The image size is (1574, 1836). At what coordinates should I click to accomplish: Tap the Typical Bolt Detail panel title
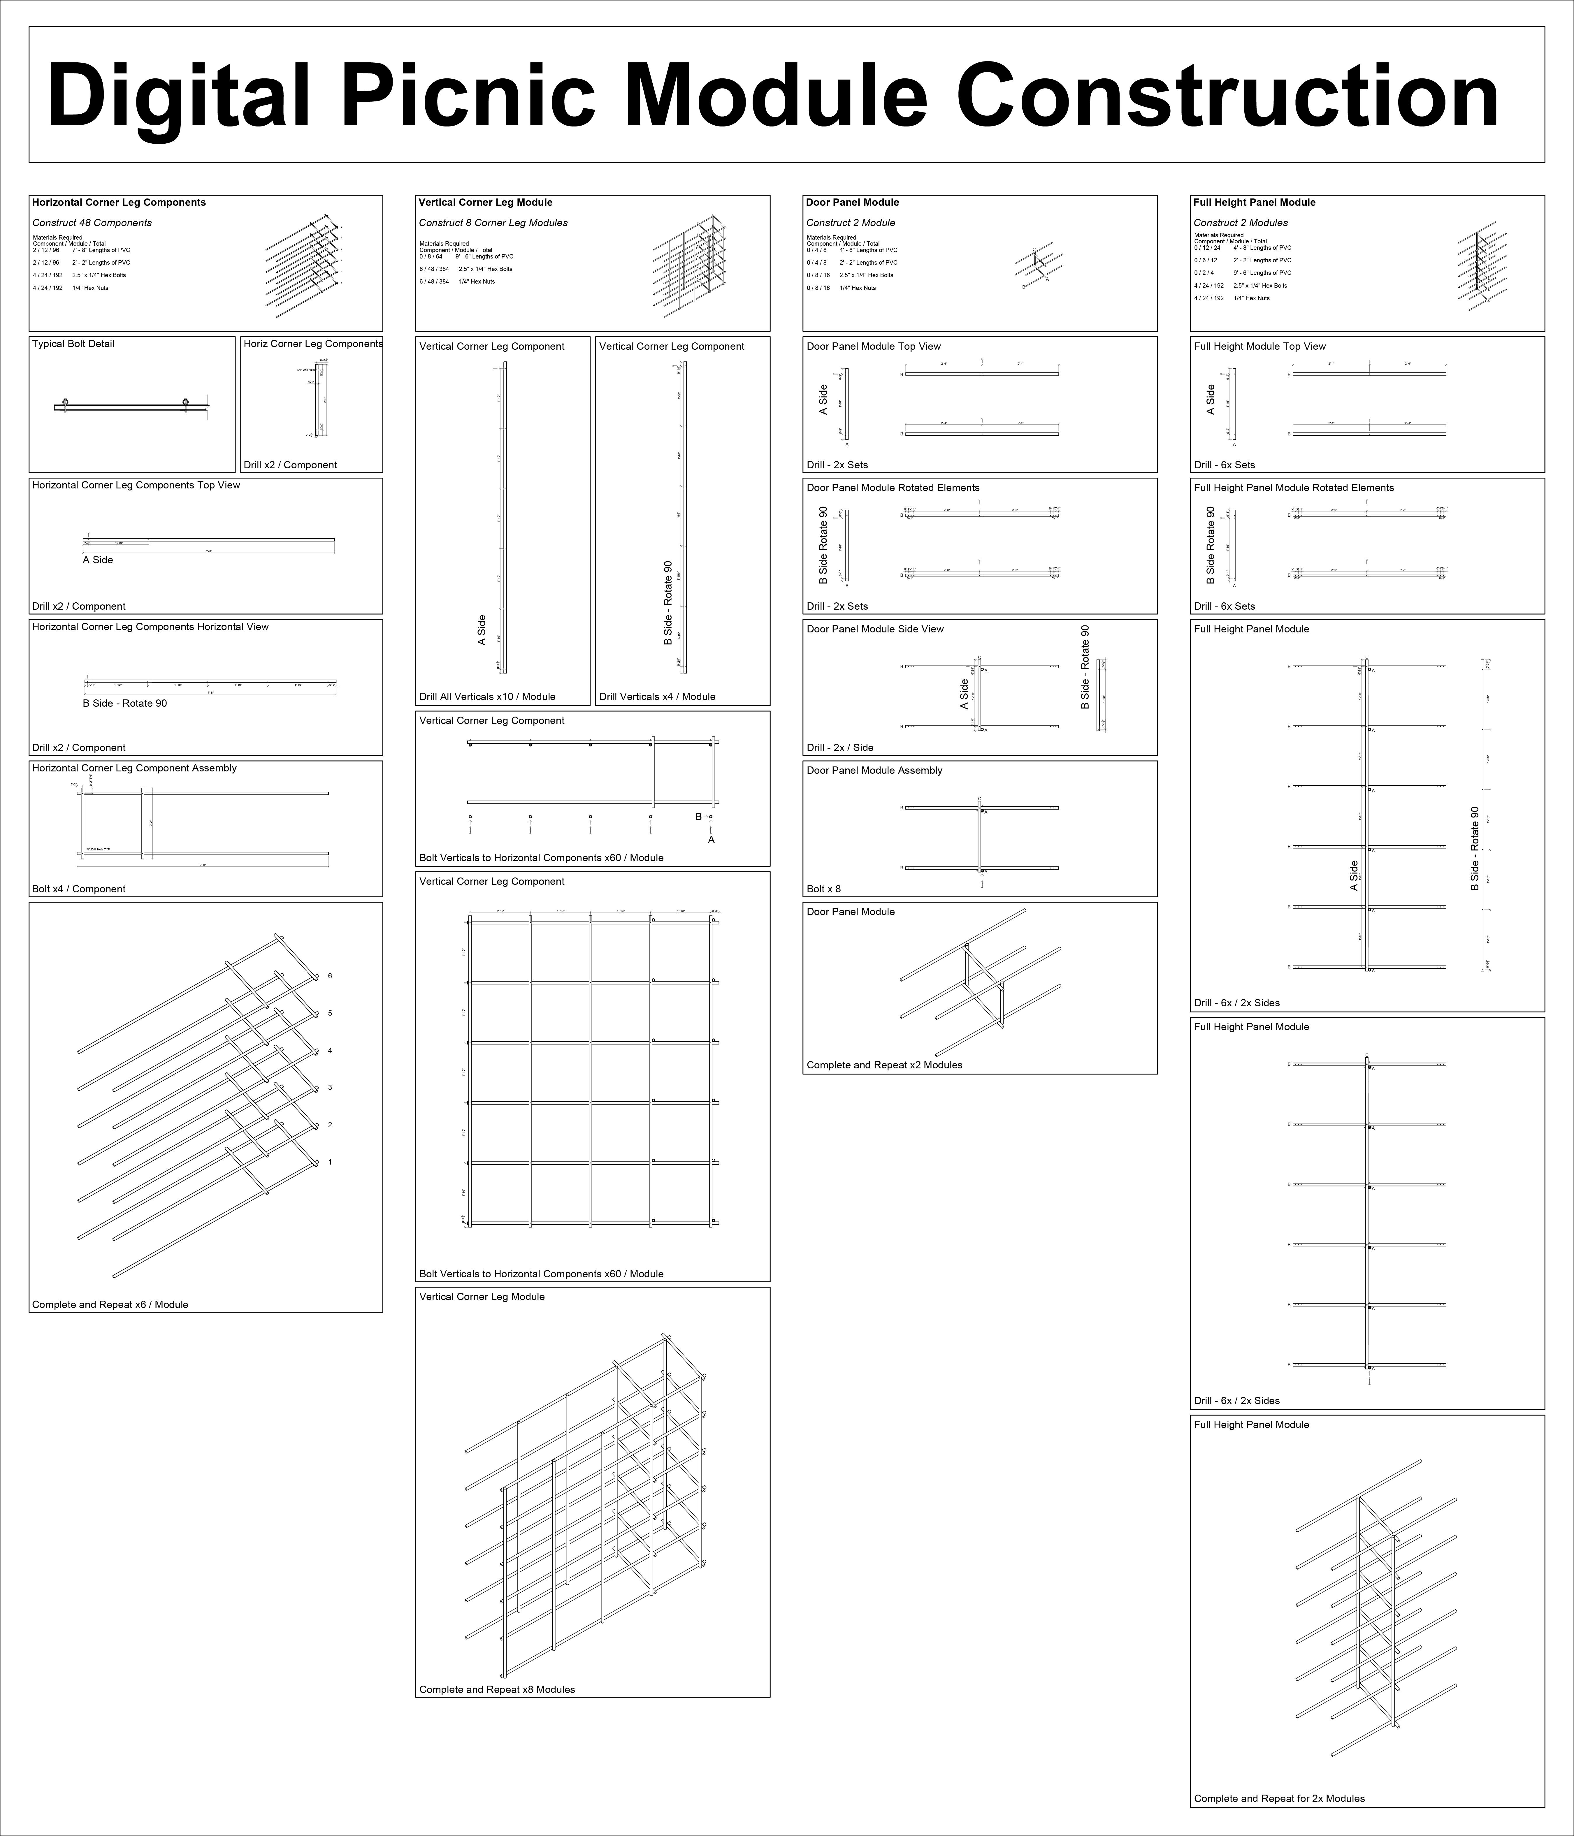pos(73,344)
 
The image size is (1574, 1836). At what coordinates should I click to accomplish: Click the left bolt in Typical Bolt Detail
pos(65,402)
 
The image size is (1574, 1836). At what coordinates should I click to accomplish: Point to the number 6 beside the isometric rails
pos(330,976)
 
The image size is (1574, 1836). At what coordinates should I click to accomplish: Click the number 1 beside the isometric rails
pos(330,1162)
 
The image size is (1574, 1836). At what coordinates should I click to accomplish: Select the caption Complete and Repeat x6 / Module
pos(110,1304)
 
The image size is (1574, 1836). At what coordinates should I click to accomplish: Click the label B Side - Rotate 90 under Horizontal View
pos(124,704)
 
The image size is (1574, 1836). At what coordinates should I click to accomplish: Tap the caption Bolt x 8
pos(823,889)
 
